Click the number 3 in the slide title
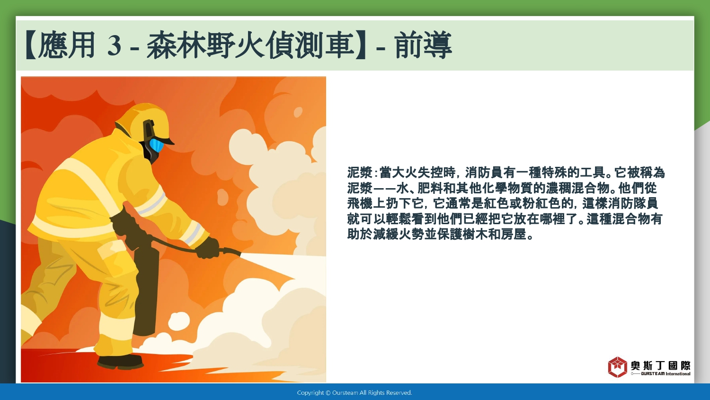(114, 45)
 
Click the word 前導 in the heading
(423, 45)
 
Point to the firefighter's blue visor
(156, 145)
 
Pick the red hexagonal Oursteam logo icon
(617, 367)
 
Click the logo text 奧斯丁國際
(660, 365)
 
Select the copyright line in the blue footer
(355, 393)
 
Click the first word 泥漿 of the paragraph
(360, 173)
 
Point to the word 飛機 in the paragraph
(360, 203)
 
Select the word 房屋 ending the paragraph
(514, 234)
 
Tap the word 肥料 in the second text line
(430, 188)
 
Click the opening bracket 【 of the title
(31, 45)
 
